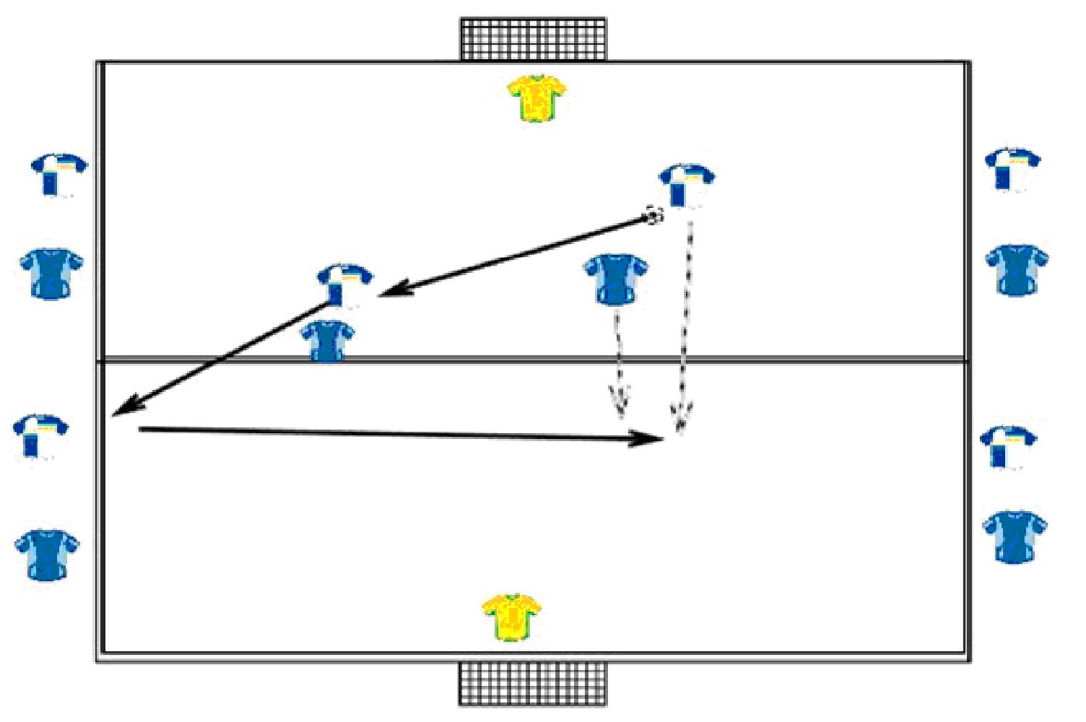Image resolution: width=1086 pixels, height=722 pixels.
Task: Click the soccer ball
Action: (654, 215)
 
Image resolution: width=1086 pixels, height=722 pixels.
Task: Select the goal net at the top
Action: (533, 39)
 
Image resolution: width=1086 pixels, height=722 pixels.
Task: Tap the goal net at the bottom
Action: (532, 683)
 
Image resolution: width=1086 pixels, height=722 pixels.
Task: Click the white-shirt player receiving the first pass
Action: (344, 284)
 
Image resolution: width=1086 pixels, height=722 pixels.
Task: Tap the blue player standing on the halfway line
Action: (328, 340)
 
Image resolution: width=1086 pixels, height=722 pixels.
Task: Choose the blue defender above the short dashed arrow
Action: (615, 279)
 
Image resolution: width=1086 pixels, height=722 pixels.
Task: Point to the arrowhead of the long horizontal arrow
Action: (653, 438)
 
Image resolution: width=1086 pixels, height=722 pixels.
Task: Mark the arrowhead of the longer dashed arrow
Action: (680, 422)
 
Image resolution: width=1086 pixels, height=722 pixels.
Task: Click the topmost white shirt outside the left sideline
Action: (58, 174)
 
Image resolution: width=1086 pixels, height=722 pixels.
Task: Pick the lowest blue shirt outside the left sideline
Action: (47, 554)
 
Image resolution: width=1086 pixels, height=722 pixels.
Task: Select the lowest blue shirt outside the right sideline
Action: (1015, 536)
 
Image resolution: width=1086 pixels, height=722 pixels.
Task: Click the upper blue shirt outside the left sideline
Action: (51, 274)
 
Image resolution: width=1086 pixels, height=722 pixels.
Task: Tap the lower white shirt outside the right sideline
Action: (1008, 447)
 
